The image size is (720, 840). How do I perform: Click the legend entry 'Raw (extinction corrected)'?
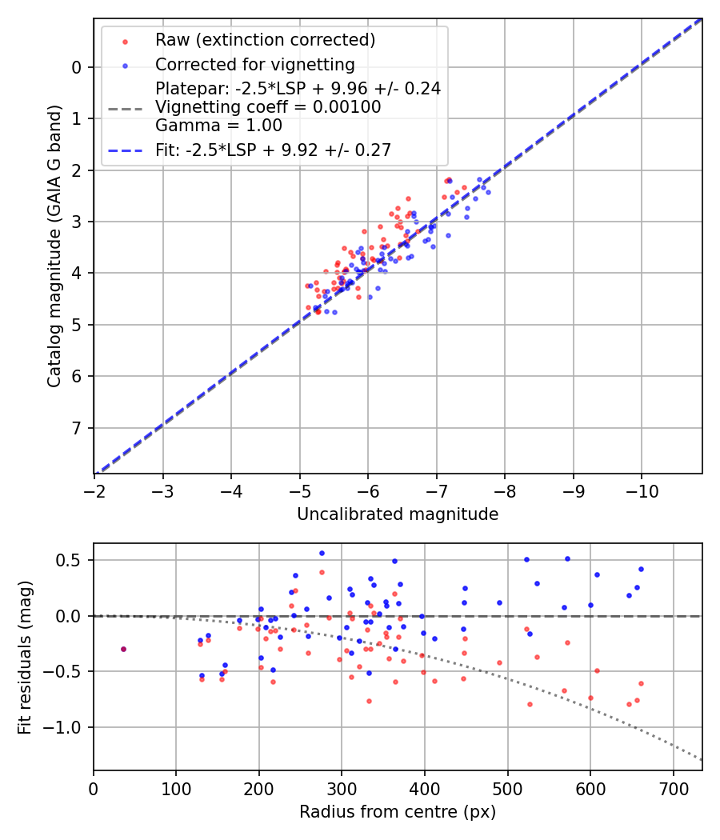pos(265,40)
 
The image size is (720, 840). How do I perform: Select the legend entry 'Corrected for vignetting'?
pos(254,64)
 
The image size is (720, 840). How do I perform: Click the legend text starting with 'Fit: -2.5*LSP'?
pos(273,150)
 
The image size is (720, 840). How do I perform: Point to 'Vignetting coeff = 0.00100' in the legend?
pos(268,107)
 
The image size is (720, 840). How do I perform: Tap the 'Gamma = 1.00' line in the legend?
pos(218,126)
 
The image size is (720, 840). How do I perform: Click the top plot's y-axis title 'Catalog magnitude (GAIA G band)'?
pos(54,246)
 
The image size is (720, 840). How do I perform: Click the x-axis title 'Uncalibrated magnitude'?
pos(398,514)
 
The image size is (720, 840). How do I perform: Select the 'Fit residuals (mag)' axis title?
pos(25,657)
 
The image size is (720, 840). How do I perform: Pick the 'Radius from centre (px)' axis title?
pos(398,812)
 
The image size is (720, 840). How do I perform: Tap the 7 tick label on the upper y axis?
pos(77,428)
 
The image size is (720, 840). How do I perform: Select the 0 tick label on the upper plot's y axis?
pos(77,67)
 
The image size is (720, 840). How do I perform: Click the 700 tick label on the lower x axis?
pos(673,788)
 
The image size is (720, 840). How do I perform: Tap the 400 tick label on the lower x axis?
pos(424,788)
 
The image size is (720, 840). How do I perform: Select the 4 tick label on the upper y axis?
pos(77,274)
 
